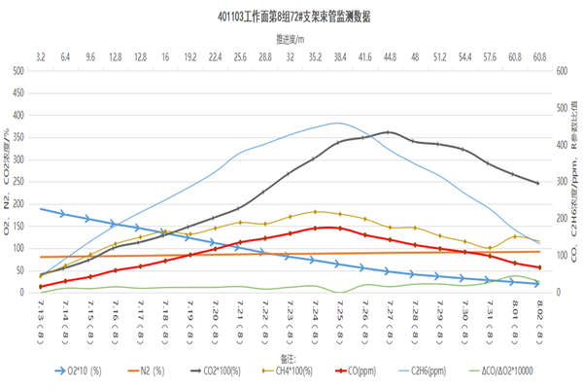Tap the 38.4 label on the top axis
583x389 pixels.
(x=340, y=57)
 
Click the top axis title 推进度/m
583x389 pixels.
(x=291, y=41)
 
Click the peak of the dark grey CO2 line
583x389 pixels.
(x=390, y=131)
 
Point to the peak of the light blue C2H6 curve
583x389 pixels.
(x=338, y=123)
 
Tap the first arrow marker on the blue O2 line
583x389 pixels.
(x=64, y=213)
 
